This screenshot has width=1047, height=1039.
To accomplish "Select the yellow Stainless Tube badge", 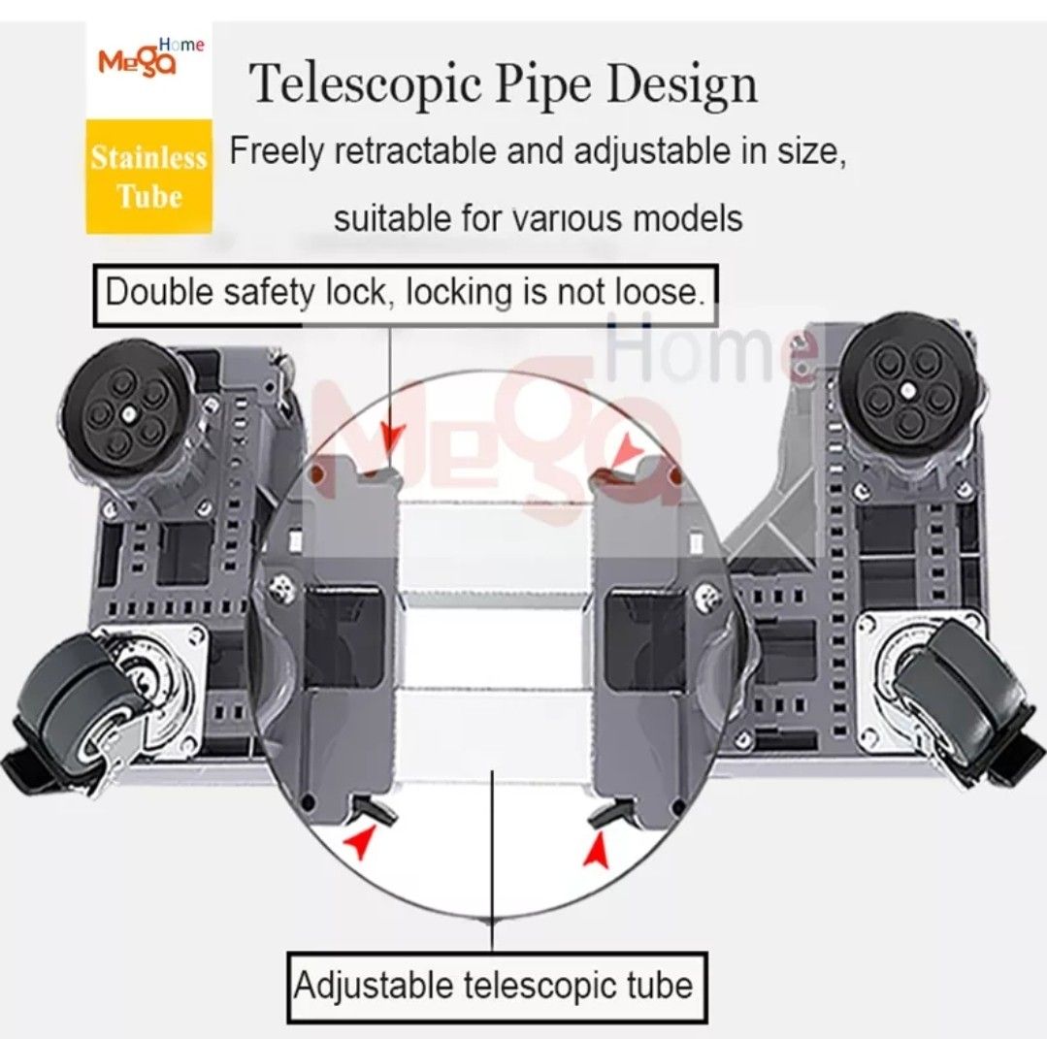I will pyautogui.click(x=148, y=177).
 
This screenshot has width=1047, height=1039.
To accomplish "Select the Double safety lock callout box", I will pyautogui.click(x=405, y=292).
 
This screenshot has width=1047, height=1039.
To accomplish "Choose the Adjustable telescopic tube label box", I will pyautogui.click(x=495, y=987).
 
